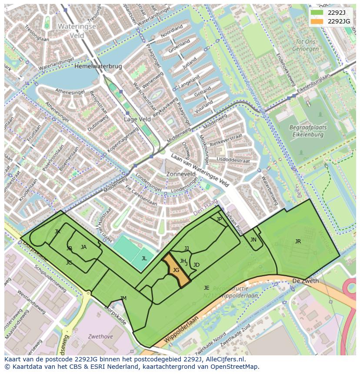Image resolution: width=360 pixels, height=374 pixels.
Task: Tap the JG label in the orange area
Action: (x=176, y=270)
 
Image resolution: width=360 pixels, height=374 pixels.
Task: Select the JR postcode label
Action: (x=298, y=242)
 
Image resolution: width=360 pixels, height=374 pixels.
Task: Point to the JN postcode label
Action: (x=253, y=240)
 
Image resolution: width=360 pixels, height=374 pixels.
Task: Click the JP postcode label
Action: (x=219, y=219)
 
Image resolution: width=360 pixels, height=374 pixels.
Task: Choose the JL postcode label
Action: (x=144, y=258)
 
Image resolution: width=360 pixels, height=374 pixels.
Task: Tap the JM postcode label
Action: (x=123, y=298)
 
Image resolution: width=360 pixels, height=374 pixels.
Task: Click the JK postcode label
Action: (x=57, y=232)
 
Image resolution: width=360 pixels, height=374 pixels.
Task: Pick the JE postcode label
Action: (x=207, y=288)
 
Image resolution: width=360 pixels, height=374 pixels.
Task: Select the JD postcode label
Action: (x=197, y=265)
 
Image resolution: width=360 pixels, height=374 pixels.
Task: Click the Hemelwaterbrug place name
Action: (x=98, y=66)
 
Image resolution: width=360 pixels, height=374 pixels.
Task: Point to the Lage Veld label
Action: (x=137, y=119)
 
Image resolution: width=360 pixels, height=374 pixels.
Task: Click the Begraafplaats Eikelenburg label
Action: (x=307, y=131)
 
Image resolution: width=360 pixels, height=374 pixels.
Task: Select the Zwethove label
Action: (x=100, y=336)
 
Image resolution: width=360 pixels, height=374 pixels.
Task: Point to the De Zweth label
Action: (x=305, y=281)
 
